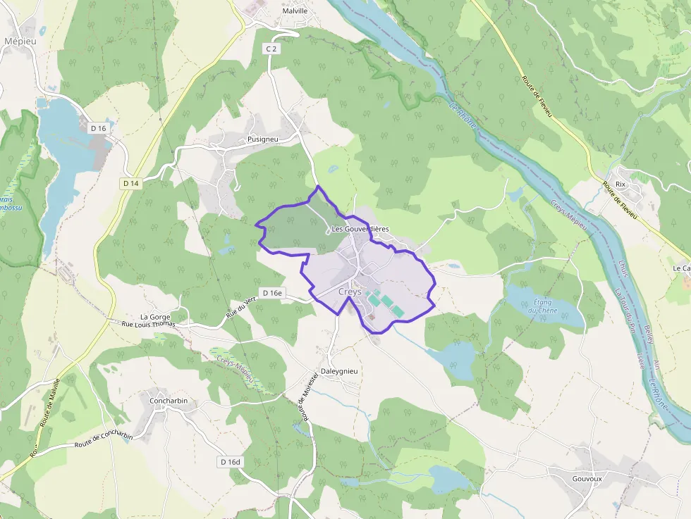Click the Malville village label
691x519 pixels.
[295, 11]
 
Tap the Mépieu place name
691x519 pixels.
[20, 42]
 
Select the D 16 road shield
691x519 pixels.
[98, 128]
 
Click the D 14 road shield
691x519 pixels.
[130, 184]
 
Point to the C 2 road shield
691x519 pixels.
[270, 49]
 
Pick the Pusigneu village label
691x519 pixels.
[263, 139]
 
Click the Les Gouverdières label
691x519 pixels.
[360, 229]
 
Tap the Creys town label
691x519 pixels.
[350, 292]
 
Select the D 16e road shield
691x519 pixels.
[271, 293]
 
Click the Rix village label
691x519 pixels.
[620, 184]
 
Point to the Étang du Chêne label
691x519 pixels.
[544, 306]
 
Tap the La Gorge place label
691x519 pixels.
[154, 317]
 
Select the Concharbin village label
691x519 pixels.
[169, 401]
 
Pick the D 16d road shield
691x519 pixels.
[229, 462]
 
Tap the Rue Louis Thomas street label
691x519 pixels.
[148, 325]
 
